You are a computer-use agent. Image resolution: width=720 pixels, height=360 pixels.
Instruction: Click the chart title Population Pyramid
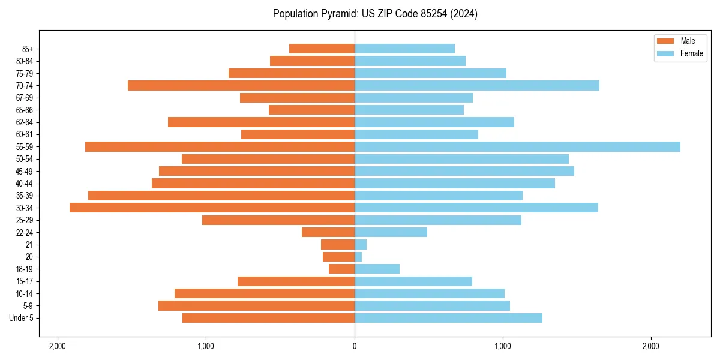pos(375,14)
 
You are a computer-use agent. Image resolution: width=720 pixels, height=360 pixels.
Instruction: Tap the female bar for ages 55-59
pos(517,147)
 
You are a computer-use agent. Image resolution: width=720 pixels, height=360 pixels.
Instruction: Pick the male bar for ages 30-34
pos(212,208)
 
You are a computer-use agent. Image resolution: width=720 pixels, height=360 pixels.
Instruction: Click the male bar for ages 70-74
pos(241,86)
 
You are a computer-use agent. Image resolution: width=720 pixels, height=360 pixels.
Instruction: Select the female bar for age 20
pos(358,257)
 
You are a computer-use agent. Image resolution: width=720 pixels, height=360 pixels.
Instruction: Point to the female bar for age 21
pos(361,245)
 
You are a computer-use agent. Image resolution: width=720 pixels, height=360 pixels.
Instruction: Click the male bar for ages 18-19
pos(341,269)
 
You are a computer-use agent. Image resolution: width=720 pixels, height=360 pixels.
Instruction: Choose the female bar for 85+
pos(404,49)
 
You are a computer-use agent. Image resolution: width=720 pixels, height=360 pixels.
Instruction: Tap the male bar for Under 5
pos(268,318)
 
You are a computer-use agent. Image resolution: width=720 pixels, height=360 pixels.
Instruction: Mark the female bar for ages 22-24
pos(391,232)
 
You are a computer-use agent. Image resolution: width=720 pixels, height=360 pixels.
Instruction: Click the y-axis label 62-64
pos(25,122)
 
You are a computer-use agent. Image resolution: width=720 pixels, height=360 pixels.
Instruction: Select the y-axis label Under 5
pos(22,318)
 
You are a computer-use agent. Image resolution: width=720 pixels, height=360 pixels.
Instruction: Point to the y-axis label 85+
pos(27,49)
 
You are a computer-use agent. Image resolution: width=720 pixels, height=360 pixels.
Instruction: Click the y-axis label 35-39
pos(25,196)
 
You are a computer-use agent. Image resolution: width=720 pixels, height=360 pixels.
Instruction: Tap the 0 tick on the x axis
pos(355,346)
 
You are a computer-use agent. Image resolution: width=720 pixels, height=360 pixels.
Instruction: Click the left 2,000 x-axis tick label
pos(58,346)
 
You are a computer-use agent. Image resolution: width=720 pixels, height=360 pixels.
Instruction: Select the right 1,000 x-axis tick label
pos(503,346)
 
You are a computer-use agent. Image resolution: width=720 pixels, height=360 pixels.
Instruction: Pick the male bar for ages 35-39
pos(221,196)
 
